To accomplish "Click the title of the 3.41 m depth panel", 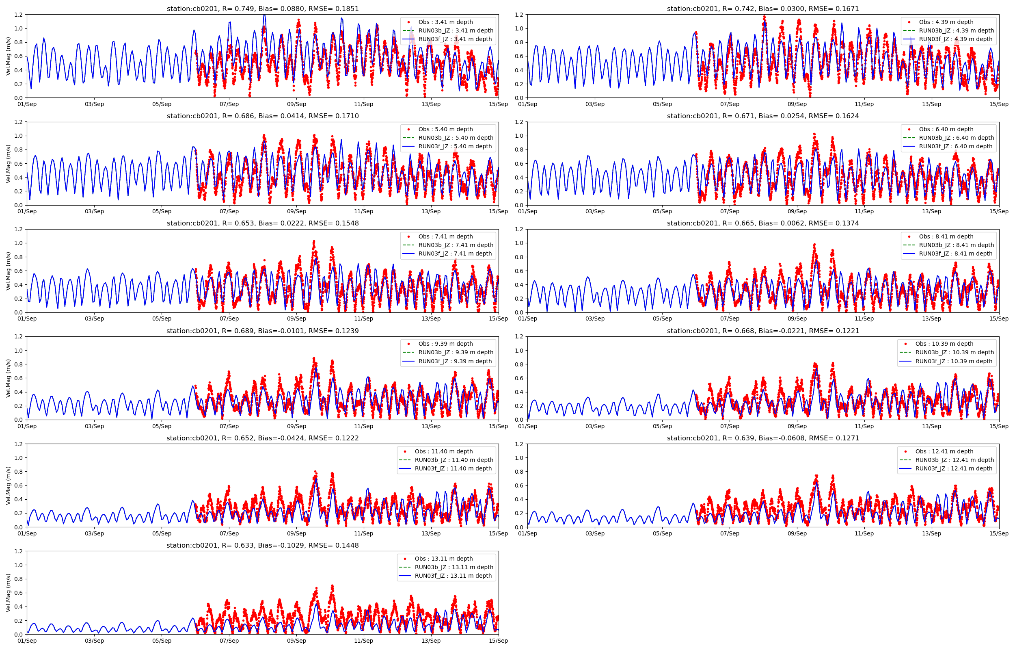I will tap(262, 9).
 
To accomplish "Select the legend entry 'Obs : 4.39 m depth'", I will tap(946, 22).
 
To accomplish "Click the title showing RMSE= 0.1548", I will tap(262, 223).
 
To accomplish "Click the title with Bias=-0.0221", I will tap(762, 331).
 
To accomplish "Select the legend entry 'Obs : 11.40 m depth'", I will tap(443, 451).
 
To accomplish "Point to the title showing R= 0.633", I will tap(262, 545).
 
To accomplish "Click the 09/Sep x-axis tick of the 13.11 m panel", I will tap(296, 641).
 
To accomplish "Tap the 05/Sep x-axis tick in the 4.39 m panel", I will tap(662, 104).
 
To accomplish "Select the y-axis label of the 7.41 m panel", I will tap(9, 271).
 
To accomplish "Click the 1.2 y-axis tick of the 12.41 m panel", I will tap(519, 444).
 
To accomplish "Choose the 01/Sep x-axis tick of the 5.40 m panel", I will tap(27, 212).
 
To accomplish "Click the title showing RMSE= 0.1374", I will tap(762, 223).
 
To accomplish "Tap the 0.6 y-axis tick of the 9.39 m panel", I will tap(19, 378).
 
